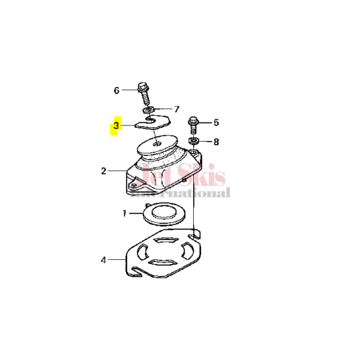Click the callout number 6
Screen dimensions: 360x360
[x=117, y=91]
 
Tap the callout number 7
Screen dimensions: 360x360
[x=176, y=109]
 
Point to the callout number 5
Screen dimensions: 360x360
[x=216, y=123]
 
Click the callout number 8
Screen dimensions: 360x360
[x=216, y=142]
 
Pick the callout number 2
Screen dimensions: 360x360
[x=104, y=171]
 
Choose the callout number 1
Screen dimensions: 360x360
[x=125, y=213]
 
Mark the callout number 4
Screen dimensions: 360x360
[x=104, y=260]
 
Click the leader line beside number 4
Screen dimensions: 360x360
[x=116, y=260]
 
